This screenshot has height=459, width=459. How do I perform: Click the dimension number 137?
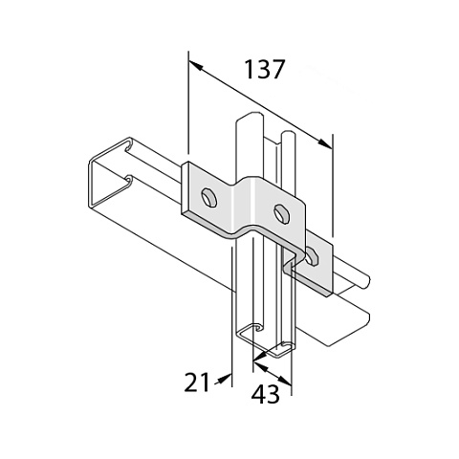264,69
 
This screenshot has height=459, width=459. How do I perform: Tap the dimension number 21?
197,382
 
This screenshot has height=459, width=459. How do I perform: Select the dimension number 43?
265,394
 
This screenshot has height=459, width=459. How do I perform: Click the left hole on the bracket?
208,198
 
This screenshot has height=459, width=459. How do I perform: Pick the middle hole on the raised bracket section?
282,213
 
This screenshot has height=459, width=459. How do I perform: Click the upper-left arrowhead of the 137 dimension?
195,66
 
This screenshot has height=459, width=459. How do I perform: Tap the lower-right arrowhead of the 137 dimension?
325,143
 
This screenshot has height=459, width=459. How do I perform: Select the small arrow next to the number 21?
223,380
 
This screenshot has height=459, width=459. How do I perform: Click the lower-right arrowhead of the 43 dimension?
285,381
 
